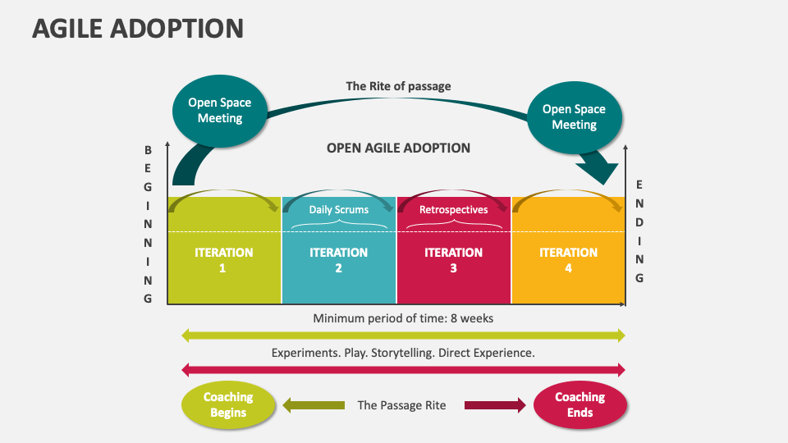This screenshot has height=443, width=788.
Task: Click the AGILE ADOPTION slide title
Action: pos(138,29)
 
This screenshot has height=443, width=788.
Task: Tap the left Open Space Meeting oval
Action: pos(219,110)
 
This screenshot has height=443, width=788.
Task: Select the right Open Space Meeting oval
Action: pos(574,116)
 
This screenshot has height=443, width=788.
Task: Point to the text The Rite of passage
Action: pos(398,85)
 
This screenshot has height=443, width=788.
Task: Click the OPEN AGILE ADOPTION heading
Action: pos(398,148)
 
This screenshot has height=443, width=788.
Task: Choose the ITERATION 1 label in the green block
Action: pos(223,259)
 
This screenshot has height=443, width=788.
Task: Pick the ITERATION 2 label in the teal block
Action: pos(338,259)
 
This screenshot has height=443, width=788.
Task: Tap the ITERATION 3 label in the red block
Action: pos(453,259)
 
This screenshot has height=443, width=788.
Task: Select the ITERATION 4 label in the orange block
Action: pos(568,259)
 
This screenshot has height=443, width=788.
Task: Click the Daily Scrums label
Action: pos(338,209)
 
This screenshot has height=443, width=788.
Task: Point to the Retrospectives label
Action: pos(453,209)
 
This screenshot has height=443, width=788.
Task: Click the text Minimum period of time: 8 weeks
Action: pos(403,317)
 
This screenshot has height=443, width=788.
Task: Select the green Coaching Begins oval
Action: pos(227,404)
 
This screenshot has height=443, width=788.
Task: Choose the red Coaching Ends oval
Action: pos(580,404)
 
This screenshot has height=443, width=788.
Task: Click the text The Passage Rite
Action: pos(401,405)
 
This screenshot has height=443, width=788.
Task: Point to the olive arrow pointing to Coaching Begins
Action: pos(314,405)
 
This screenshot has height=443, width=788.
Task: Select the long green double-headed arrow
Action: pos(403,335)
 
